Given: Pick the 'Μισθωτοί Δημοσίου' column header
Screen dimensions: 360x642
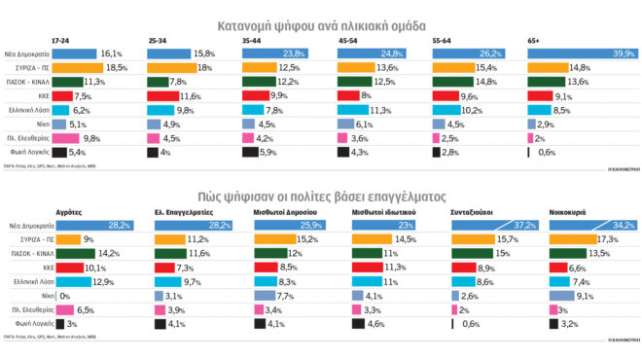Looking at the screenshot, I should coord(285,211).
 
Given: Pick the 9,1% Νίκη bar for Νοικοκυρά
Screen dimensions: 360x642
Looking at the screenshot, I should coord(560,295).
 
